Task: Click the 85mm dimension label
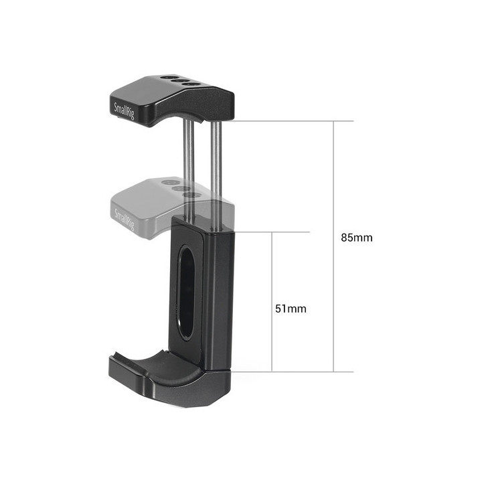click(x=357, y=238)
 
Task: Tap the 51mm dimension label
click(x=291, y=309)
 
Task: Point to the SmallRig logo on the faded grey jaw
click(x=125, y=218)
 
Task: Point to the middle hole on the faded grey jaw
click(x=181, y=188)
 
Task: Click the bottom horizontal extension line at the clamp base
click(x=288, y=372)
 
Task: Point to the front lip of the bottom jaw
click(x=127, y=368)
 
